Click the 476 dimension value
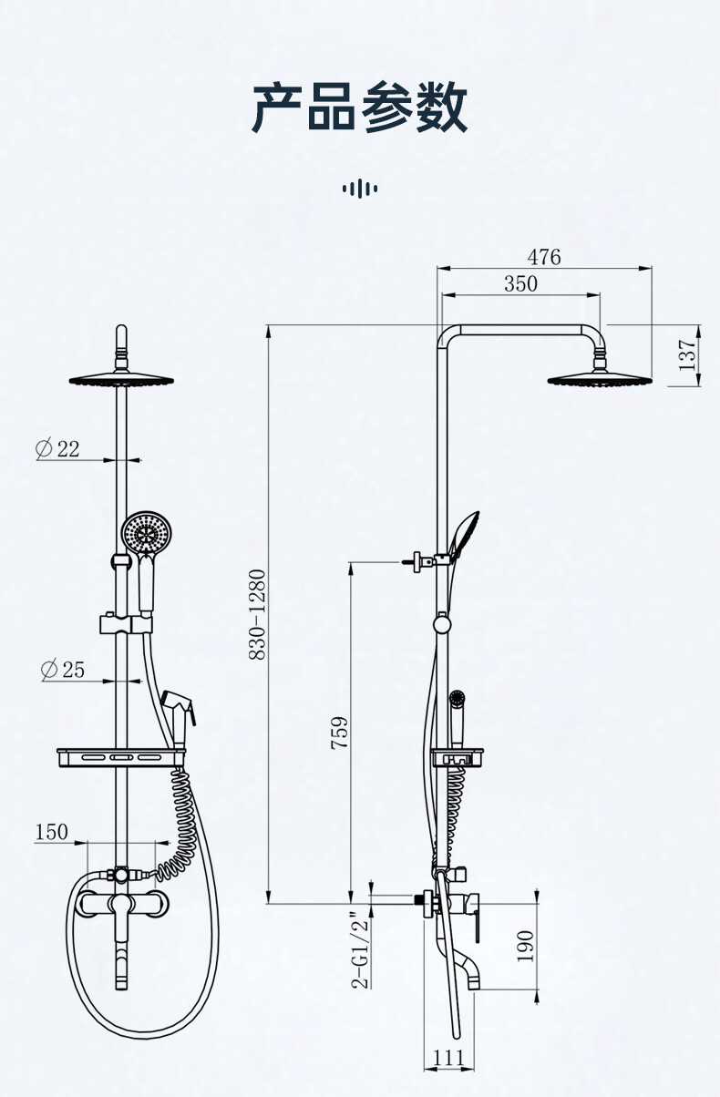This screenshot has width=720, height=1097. click(x=544, y=257)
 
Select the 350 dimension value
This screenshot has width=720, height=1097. click(x=520, y=283)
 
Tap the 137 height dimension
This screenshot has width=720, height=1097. click(x=686, y=355)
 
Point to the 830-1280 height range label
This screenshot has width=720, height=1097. click(x=257, y=615)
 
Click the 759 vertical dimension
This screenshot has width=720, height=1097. click(x=339, y=733)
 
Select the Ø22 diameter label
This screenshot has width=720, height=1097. click(x=57, y=448)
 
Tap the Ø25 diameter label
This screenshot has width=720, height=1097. click(x=63, y=670)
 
